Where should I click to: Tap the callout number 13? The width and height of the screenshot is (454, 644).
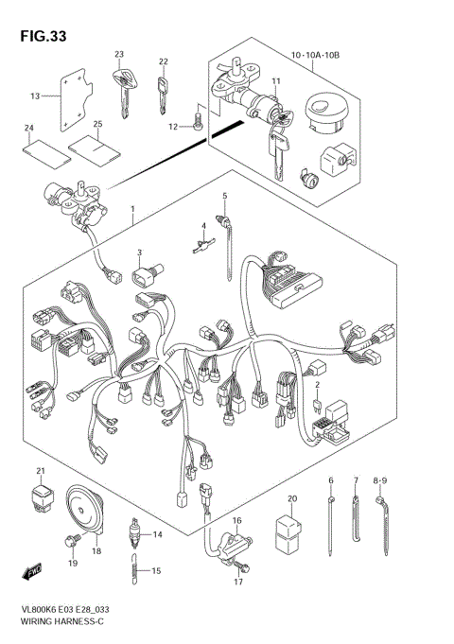(x=35, y=96)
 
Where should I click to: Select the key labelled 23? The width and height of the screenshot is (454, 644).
(x=122, y=87)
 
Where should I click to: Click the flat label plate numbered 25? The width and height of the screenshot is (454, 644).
(x=86, y=148)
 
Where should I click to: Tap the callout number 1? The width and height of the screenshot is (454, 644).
(x=134, y=208)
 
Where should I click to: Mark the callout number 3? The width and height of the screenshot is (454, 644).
(x=138, y=252)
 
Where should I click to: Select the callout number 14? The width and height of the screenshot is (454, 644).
(x=158, y=535)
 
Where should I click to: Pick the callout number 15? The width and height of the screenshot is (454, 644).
(x=158, y=570)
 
